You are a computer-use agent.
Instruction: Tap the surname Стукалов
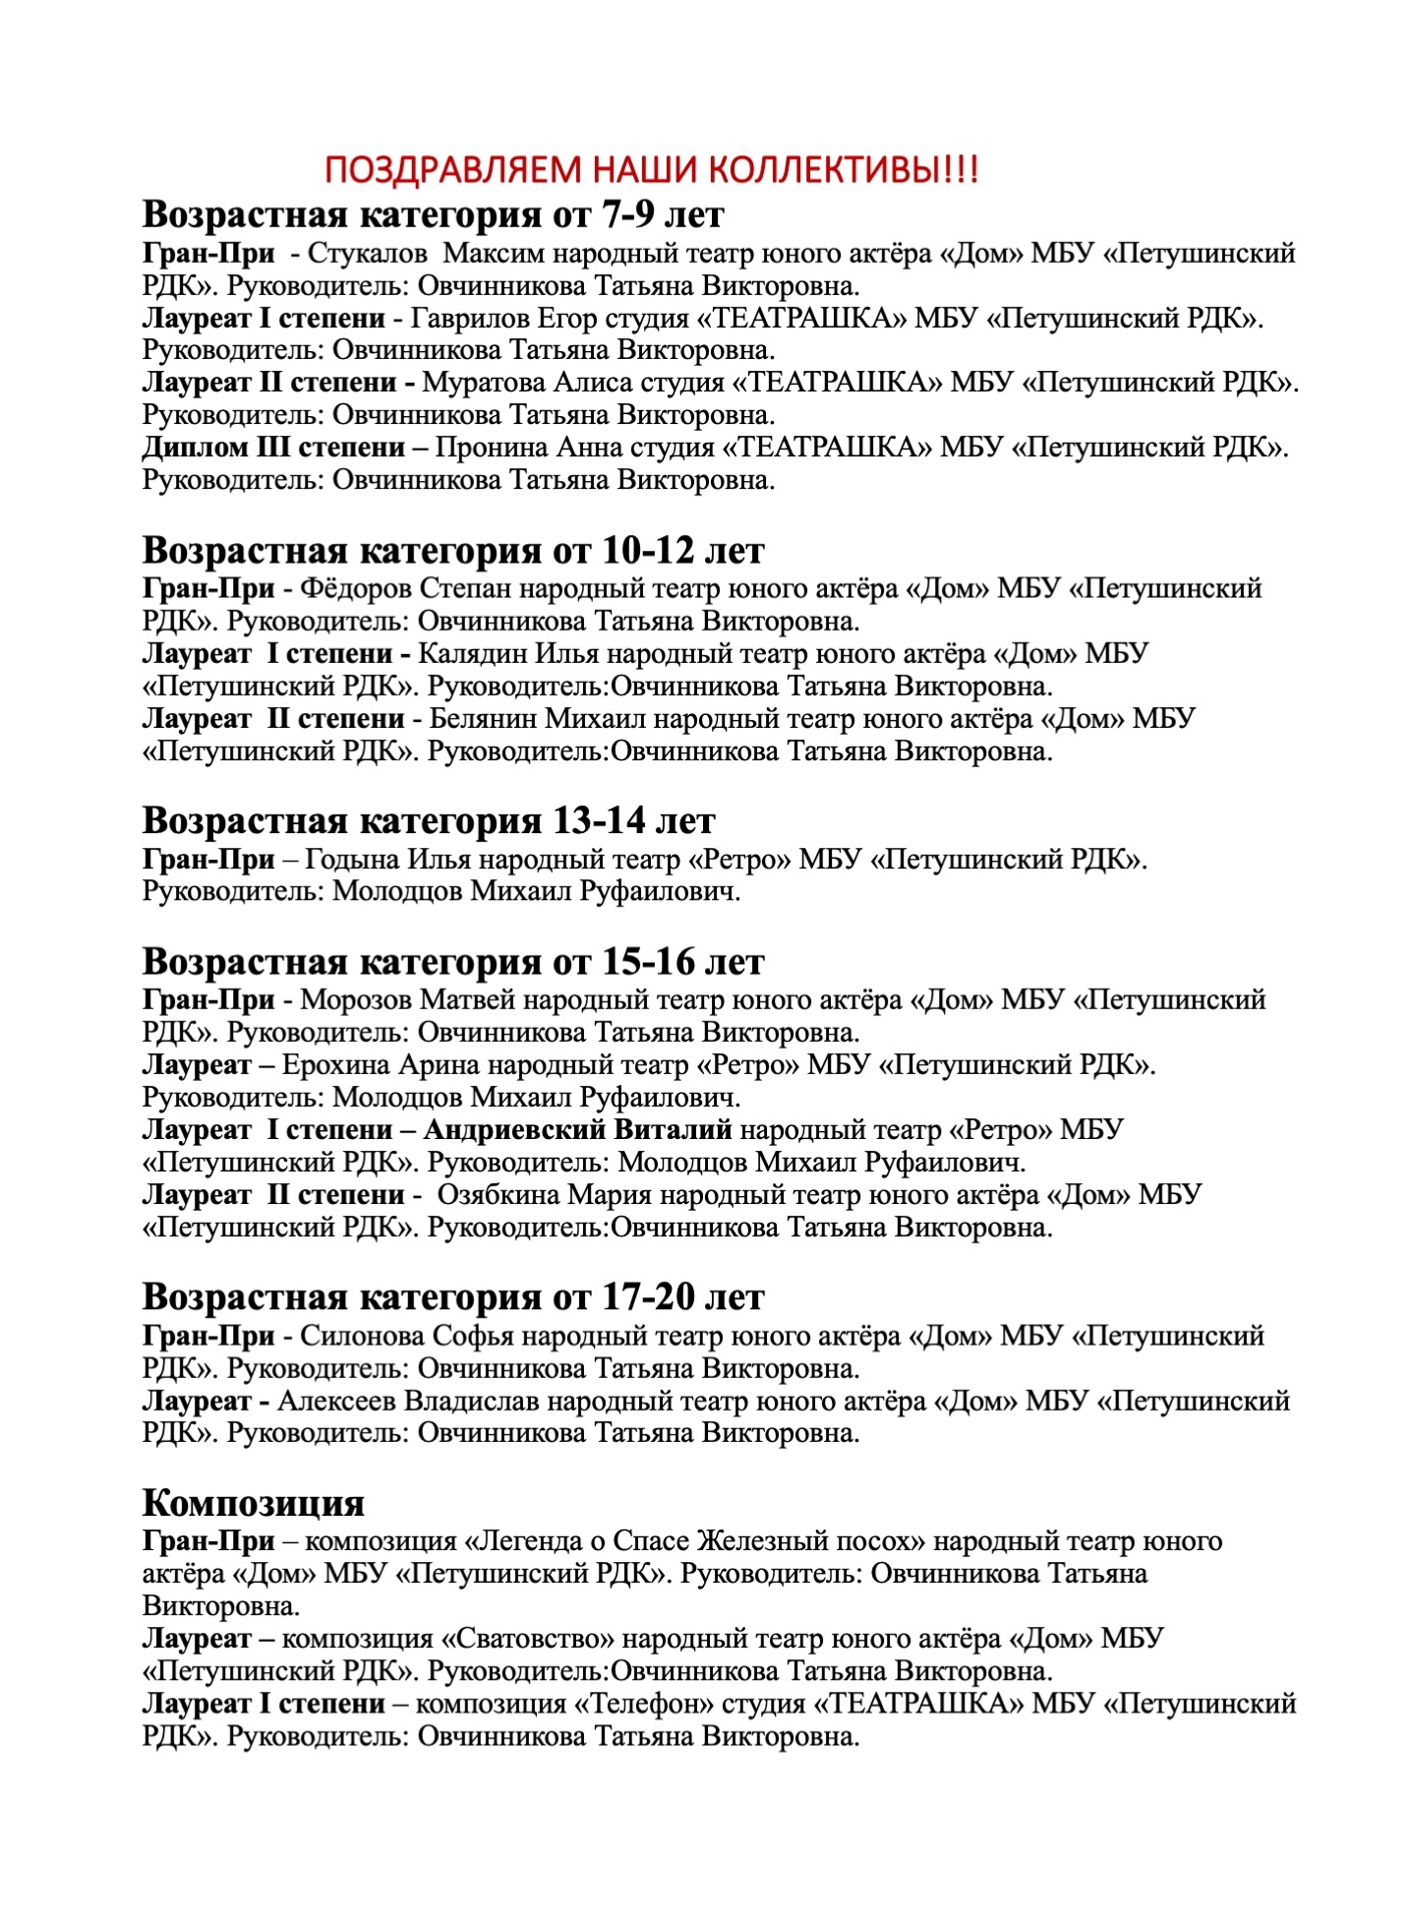367,254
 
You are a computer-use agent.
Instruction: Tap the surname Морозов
356,1000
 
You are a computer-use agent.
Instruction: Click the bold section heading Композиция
253,1503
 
